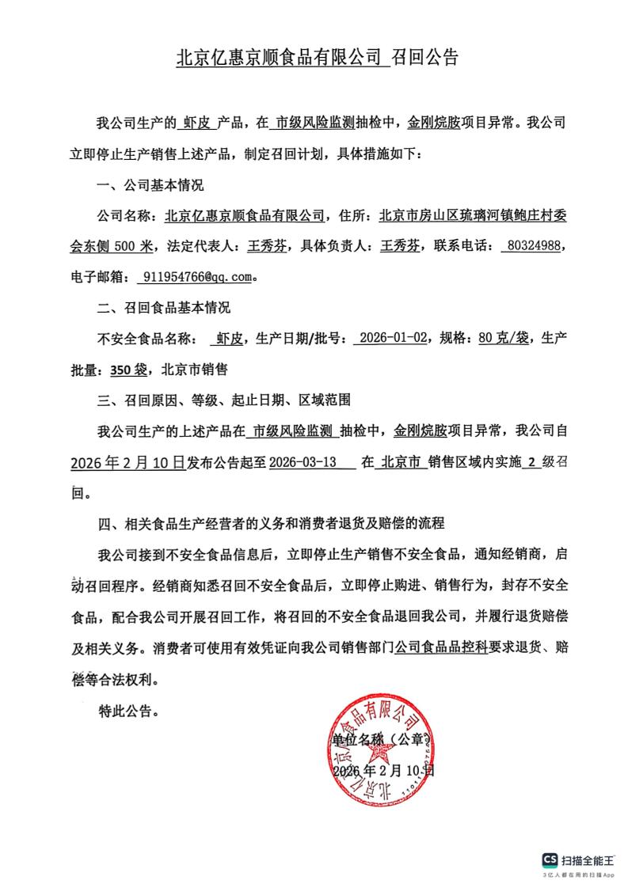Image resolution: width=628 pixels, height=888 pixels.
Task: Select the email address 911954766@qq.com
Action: coord(197,277)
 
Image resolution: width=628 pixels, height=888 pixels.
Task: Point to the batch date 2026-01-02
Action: coord(393,338)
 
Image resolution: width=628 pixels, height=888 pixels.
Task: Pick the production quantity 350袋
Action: coord(129,369)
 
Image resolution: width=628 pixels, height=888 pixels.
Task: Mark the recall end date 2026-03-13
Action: coord(301,461)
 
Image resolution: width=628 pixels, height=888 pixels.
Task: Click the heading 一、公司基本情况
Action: coord(150,185)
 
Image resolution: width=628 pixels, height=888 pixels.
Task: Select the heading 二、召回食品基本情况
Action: coord(163,307)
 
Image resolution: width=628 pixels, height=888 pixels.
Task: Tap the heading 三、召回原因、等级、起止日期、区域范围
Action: coord(223,400)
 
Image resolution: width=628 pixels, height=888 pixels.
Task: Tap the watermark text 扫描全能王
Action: coord(588,860)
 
